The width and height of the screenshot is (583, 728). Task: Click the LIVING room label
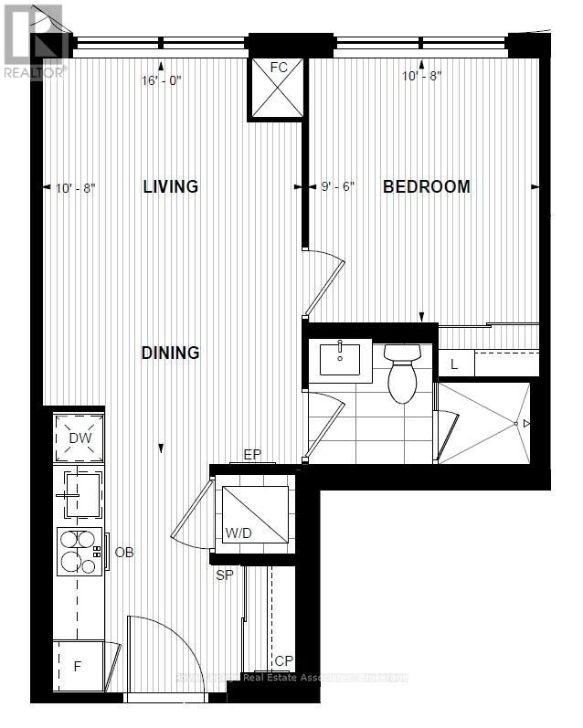[x=171, y=187]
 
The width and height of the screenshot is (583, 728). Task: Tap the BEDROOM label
[x=426, y=187]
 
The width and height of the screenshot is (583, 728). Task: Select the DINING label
[x=171, y=353]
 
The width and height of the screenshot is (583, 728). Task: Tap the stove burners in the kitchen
[x=79, y=552]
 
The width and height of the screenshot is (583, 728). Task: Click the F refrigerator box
[x=78, y=666]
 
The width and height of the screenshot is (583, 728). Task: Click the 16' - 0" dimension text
[x=162, y=79]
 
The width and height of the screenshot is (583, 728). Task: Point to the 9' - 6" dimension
[x=338, y=187]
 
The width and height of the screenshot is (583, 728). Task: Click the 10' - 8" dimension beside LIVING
[x=75, y=188]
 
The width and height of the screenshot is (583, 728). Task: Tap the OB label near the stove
[x=124, y=553]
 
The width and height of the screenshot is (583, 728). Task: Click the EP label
[x=252, y=454]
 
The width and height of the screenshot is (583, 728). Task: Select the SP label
[x=224, y=576]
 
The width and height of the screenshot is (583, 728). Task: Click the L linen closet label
[x=454, y=364]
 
